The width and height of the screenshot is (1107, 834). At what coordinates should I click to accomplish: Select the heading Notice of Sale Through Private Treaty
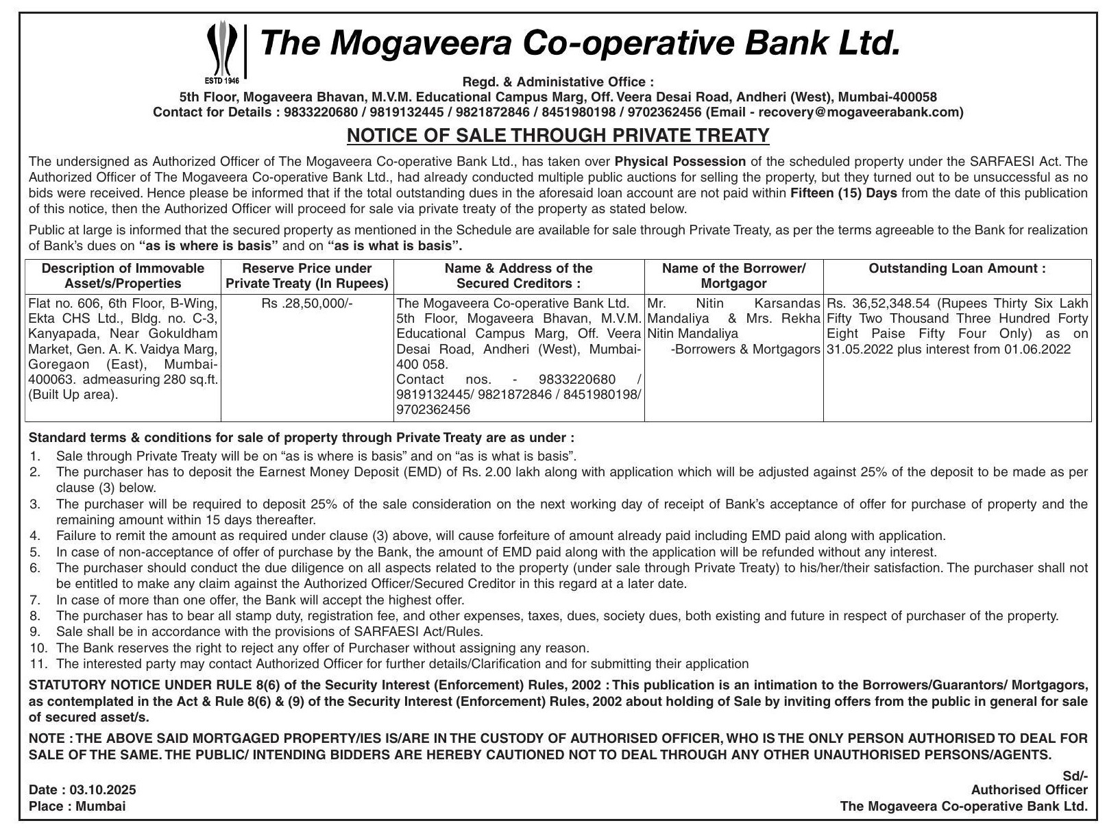(558, 136)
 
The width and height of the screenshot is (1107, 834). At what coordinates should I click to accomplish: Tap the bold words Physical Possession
(680, 162)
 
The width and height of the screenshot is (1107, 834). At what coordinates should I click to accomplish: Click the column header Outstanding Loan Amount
(957, 269)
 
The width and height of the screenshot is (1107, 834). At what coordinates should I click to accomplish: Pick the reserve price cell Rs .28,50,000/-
(306, 303)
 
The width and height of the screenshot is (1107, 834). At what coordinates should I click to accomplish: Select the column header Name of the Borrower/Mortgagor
(733, 275)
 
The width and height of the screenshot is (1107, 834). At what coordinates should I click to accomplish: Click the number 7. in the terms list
(35, 600)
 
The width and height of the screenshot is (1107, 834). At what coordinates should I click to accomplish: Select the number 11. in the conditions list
(37, 663)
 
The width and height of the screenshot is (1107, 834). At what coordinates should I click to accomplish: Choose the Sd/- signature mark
(1075, 775)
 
